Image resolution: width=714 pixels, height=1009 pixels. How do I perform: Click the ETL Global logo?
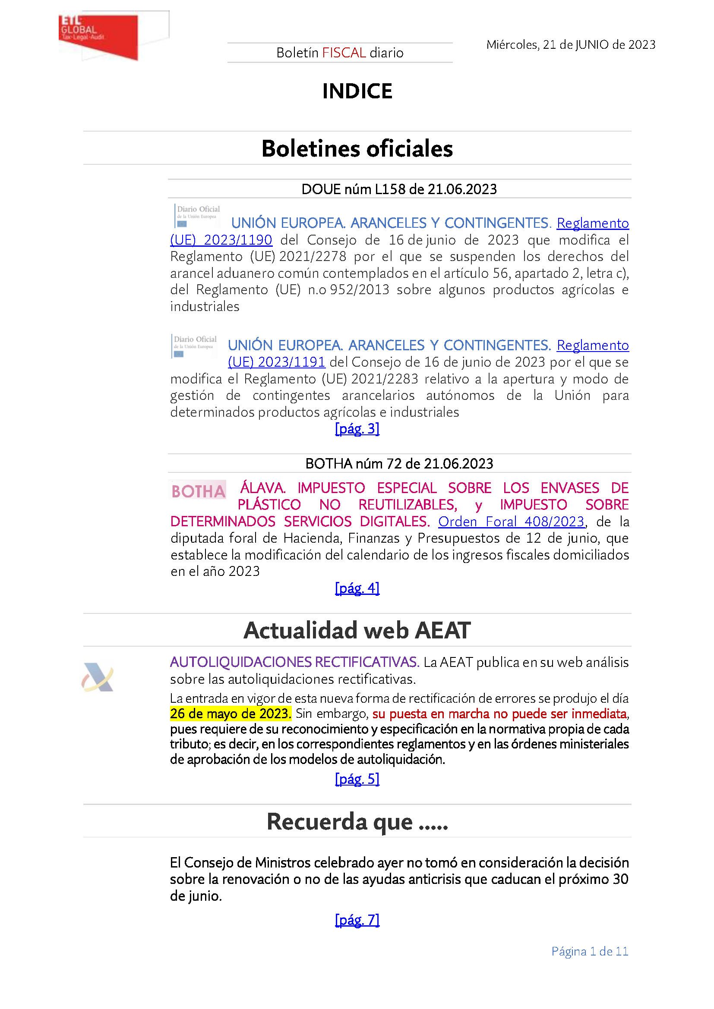99,36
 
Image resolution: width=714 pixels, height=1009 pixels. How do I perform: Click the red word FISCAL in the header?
344,53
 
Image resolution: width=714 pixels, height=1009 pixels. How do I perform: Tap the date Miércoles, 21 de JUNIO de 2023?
570,45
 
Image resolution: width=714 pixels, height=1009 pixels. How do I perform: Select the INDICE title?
357,91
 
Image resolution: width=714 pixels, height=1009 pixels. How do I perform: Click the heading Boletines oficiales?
357,148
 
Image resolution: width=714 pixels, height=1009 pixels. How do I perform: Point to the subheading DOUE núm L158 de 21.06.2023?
399,189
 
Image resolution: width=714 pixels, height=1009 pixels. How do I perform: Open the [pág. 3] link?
357,428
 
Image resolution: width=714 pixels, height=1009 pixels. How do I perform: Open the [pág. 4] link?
357,588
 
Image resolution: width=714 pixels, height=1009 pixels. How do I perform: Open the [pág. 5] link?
357,779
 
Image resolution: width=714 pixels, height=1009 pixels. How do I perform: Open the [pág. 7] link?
357,920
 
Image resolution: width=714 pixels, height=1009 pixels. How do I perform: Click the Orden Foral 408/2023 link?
511,522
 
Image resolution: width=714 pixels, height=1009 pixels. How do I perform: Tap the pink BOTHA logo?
198,491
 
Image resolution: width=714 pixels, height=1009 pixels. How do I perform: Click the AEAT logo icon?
98,677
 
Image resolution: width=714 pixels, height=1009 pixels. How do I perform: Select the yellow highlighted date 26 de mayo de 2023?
231,714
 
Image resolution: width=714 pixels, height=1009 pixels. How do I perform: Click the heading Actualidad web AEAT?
357,630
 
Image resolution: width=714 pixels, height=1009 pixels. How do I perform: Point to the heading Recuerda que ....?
357,821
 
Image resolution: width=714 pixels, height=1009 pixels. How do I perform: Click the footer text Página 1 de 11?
590,952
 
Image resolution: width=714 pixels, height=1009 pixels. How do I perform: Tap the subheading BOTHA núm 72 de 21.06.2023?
399,464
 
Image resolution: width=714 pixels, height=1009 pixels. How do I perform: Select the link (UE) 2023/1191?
276,362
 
